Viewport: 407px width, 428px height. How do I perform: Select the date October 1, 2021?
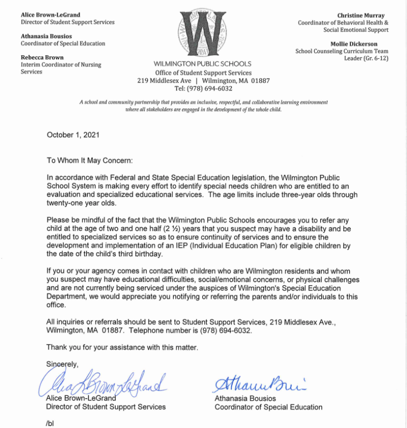pyautogui.click(x=73, y=135)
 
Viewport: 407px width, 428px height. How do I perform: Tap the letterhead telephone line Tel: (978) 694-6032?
pyautogui.click(x=203, y=88)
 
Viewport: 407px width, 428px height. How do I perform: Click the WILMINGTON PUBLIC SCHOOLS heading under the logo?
pyautogui.click(x=203, y=64)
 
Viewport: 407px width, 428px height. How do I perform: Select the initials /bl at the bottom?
pyautogui.click(x=50, y=424)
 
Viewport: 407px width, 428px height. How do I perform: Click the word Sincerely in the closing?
pyautogui.click(x=62, y=364)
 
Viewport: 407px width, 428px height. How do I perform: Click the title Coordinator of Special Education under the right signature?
pyautogui.click(x=268, y=407)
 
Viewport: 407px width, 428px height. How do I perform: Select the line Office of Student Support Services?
pyautogui.click(x=203, y=73)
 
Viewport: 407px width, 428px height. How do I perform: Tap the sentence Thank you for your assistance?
pyautogui.click(x=122, y=347)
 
